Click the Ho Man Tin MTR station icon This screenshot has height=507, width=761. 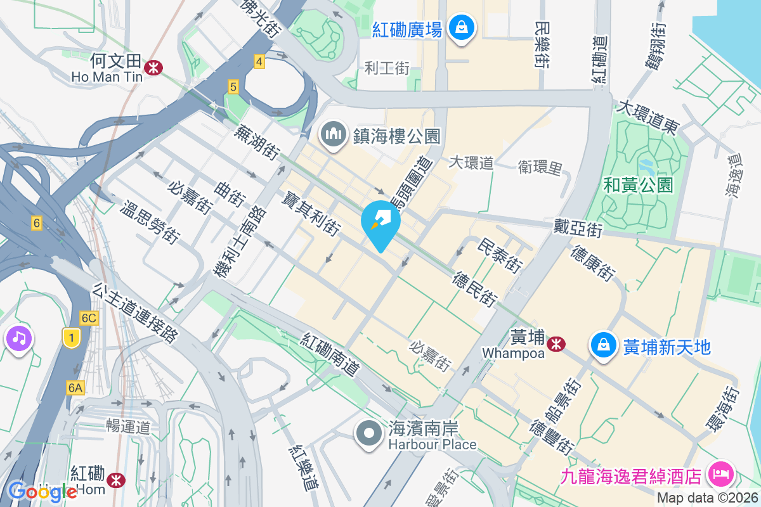153,67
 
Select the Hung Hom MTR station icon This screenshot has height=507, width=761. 117,479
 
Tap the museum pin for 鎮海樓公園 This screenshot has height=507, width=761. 333,134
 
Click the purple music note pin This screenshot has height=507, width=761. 19,337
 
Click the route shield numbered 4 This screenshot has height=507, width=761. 258,61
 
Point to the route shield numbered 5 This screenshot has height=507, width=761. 233,87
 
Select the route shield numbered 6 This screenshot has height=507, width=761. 37,222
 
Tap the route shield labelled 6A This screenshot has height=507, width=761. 75,387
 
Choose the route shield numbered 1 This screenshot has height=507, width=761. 72,338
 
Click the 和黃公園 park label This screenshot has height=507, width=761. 638,185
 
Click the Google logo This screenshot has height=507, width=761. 43,491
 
